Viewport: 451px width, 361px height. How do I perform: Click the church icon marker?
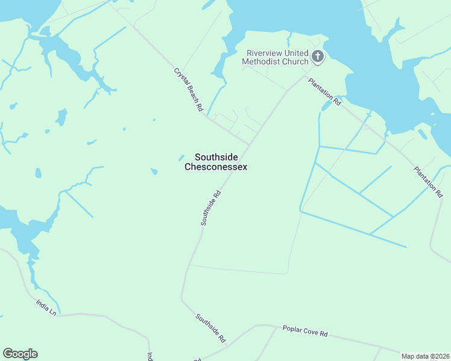coord(318,57)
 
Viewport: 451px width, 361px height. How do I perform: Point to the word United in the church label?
coord(295,53)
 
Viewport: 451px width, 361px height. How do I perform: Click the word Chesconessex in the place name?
coord(215,167)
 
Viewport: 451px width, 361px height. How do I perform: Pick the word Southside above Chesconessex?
coord(215,156)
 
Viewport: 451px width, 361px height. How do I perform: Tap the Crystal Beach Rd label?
coord(189,89)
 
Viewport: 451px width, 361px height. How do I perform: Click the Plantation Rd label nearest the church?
coord(325,92)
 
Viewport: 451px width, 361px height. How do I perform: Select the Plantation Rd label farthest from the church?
coord(429,182)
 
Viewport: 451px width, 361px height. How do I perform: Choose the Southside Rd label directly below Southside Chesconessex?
coord(212,208)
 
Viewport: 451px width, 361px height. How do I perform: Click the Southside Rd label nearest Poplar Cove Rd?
coord(210,328)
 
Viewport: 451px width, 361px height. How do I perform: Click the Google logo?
coord(20,354)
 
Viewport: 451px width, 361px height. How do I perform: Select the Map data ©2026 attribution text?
coord(425,356)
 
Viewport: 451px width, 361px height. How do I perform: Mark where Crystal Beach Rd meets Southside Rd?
coord(249,144)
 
